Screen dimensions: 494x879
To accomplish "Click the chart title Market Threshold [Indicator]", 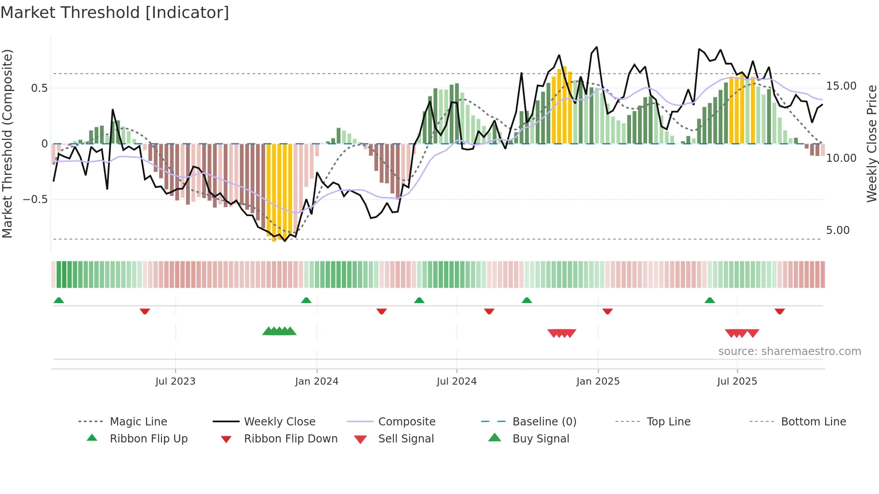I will [x=115, y=13].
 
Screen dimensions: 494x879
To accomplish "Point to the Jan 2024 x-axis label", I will [x=317, y=381].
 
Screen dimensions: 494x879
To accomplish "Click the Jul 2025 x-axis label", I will [x=737, y=381].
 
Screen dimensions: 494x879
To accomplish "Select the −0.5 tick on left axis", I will [x=35, y=199].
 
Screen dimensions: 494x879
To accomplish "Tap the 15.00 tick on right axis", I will [x=841, y=86].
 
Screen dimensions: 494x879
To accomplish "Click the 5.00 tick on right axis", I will [x=837, y=230].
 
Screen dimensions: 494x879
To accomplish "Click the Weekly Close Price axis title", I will [x=871, y=143].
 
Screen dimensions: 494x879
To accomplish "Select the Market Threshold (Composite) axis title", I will [x=7, y=143].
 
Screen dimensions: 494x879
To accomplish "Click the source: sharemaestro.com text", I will [x=789, y=351].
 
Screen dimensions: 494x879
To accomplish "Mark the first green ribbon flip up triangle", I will [x=59, y=300].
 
